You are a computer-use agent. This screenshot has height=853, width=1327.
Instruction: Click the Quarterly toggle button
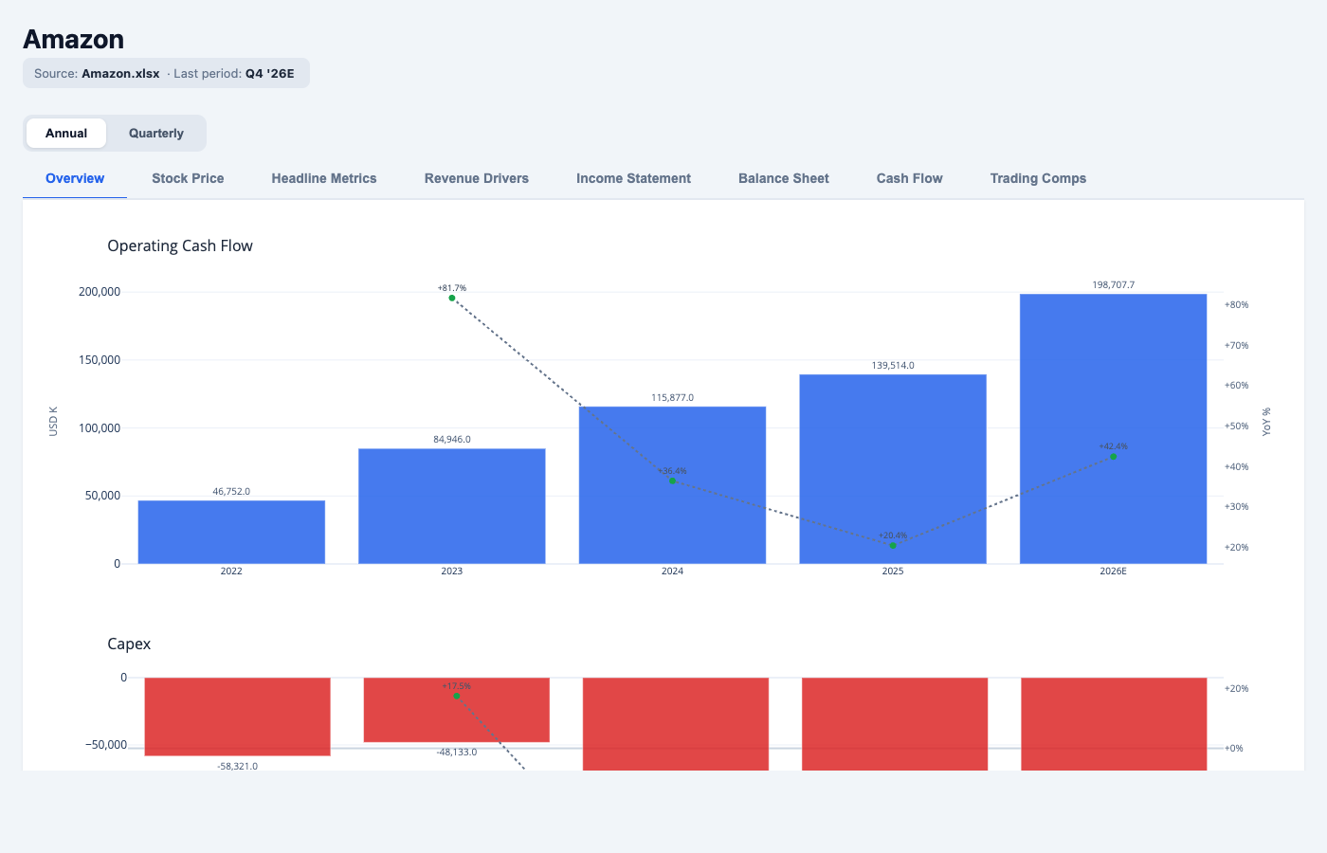click(156, 134)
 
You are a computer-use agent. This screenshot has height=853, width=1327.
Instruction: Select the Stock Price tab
click(188, 178)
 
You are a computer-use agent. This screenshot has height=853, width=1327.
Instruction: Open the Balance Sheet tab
click(783, 178)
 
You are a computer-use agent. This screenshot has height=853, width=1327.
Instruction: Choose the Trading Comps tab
click(1038, 178)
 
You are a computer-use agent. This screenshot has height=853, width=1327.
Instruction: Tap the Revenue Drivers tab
click(476, 178)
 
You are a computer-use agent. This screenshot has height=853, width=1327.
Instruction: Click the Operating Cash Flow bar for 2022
click(231, 532)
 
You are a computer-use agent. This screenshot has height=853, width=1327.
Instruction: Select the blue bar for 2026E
click(1113, 428)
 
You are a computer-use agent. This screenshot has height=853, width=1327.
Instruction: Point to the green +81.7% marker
click(452, 299)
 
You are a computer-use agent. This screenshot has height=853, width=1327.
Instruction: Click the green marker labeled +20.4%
click(893, 546)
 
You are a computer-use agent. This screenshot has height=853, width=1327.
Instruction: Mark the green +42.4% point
click(1113, 457)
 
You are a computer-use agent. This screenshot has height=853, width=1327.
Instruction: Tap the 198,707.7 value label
click(1113, 284)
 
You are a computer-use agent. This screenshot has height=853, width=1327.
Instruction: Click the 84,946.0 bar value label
click(452, 440)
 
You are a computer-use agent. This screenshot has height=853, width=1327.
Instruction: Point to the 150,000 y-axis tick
click(100, 360)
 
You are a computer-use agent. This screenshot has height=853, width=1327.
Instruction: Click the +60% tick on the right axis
click(1236, 386)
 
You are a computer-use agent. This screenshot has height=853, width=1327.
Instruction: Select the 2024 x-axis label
click(672, 572)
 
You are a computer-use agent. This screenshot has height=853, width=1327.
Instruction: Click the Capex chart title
click(129, 644)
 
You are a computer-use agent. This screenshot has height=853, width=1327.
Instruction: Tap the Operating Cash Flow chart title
click(180, 245)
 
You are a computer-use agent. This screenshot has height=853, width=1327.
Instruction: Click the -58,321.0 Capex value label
click(237, 766)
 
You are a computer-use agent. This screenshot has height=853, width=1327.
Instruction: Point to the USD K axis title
click(53, 422)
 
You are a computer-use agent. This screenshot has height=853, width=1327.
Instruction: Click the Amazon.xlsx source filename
click(120, 73)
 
